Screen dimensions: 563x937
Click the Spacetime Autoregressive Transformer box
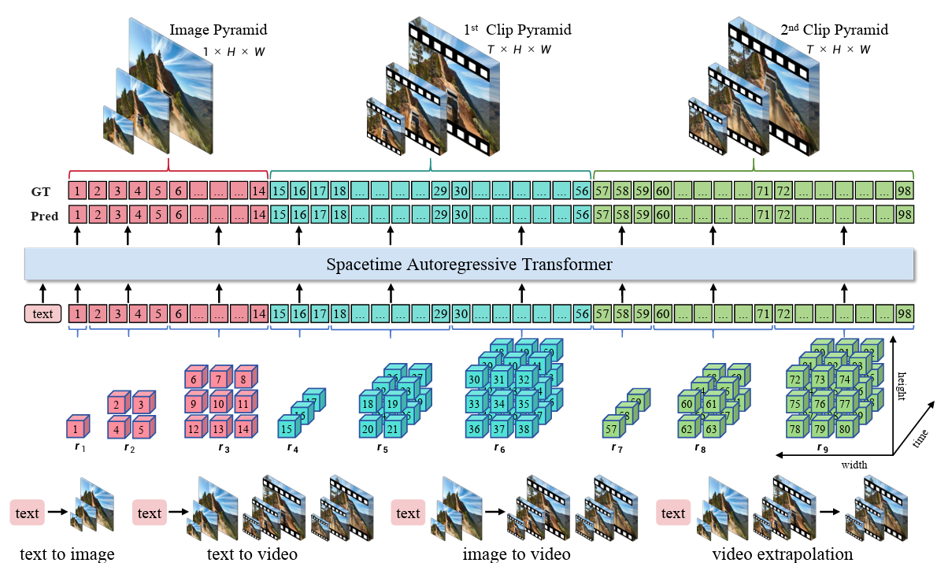469,264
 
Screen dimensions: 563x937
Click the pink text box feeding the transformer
43,314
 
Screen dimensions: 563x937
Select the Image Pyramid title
218,31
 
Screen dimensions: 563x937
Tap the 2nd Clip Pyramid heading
834,31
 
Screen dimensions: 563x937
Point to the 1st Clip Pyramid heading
517,31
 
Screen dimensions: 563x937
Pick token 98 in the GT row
904,191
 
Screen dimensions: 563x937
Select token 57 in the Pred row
602,214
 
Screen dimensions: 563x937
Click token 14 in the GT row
259,191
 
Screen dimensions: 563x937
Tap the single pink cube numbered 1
76,429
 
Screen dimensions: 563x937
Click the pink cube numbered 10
218,405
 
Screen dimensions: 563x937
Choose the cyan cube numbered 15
287,429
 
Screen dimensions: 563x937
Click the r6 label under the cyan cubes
499,448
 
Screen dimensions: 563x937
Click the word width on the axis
853,465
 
